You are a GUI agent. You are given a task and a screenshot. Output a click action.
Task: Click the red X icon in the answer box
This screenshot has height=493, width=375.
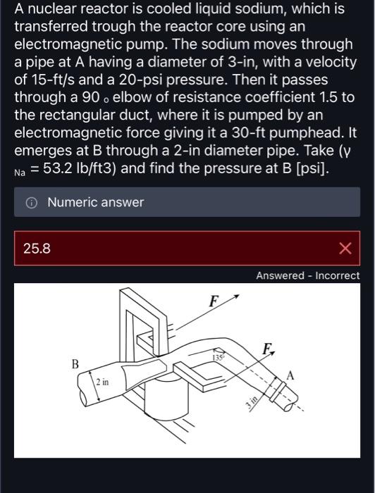coord(345,248)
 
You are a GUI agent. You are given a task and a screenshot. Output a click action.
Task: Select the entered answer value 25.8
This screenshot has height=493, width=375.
coord(36,248)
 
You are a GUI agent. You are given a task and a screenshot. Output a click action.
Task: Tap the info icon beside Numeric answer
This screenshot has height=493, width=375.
coord(32,203)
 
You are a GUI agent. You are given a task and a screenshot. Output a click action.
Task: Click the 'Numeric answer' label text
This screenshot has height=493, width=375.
coord(95,203)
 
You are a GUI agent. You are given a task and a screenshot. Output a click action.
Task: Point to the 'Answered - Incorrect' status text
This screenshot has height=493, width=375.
coord(307,276)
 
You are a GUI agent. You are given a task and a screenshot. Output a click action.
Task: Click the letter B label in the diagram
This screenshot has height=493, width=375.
coord(75,364)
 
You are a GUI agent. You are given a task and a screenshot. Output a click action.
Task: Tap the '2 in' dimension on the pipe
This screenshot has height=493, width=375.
coord(102,382)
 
